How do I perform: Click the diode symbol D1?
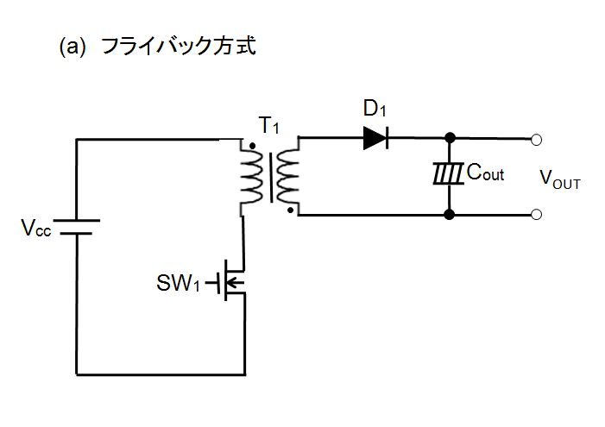tap(375, 138)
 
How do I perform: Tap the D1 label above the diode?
tap(375, 109)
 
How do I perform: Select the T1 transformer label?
tap(269, 125)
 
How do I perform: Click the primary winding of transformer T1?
tap(251, 176)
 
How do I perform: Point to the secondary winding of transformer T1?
tap(288, 176)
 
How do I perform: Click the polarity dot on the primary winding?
tap(252, 146)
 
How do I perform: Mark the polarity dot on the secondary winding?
tap(290, 210)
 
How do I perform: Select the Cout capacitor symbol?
tap(448, 174)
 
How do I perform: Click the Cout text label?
tap(485, 172)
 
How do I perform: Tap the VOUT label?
tap(560, 179)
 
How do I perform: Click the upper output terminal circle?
tap(536, 140)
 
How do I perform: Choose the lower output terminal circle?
tap(536, 215)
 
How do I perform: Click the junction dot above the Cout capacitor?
tap(450, 138)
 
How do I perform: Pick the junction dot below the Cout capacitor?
tap(449, 214)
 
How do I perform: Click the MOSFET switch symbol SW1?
tap(228, 281)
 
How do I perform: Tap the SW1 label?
tap(179, 283)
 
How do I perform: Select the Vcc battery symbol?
tap(77, 227)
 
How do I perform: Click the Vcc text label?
tap(36, 227)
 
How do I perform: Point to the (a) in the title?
tap(72, 47)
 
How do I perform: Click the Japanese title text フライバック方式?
tap(179, 47)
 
